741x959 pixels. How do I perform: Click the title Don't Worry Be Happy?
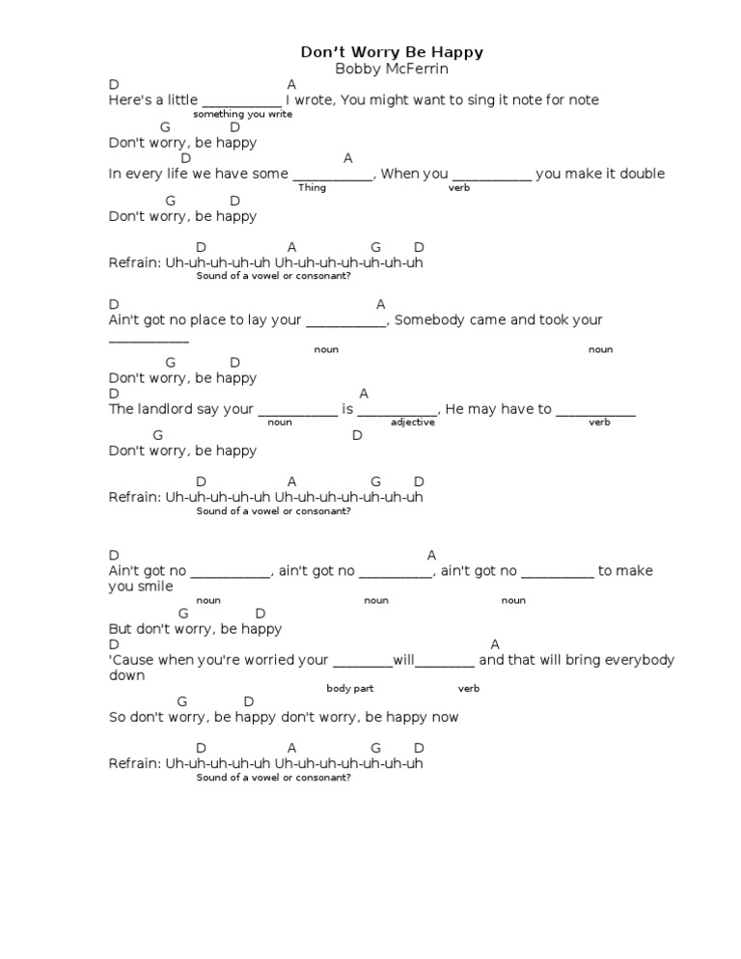[x=392, y=52]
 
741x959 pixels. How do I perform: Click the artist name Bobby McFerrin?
[x=392, y=68]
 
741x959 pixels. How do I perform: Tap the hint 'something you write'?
[x=242, y=114]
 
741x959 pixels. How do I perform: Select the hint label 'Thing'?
[x=312, y=187]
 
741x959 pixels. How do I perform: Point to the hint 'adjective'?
[x=413, y=423]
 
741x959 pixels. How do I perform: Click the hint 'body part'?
[x=349, y=688]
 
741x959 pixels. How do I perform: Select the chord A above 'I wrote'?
[x=291, y=85]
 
